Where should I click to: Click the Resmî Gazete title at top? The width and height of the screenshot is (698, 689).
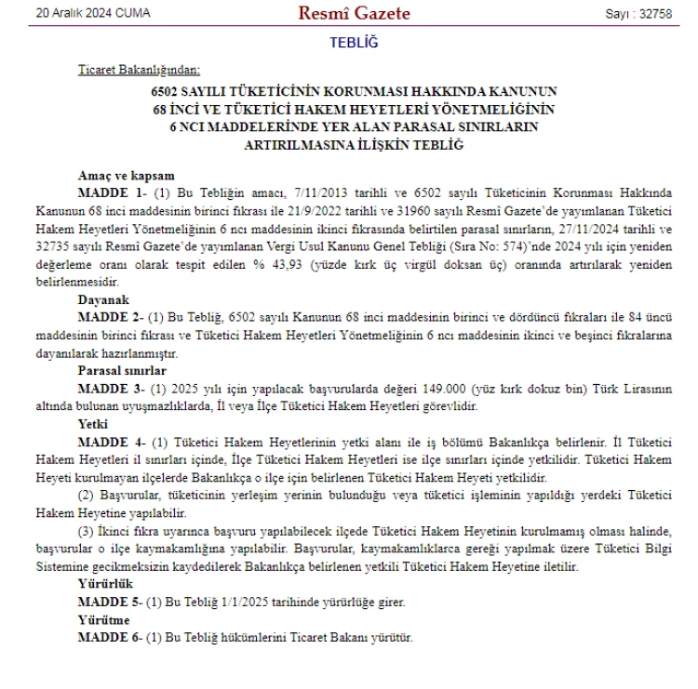click(354, 14)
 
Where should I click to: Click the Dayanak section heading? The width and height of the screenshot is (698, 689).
click(105, 299)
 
